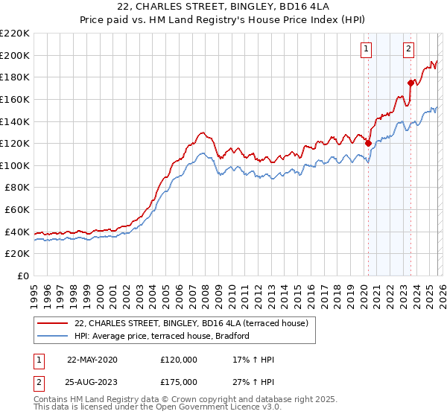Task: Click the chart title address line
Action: coord(223,7)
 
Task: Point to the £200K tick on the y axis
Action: coord(15,55)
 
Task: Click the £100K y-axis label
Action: coord(15,165)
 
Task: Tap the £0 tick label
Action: coord(23,276)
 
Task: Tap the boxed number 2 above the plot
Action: coord(409,50)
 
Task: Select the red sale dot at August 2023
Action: coord(410,83)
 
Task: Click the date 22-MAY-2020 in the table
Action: coord(92,360)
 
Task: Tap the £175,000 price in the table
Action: coord(179,382)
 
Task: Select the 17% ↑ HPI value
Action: coord(254,360)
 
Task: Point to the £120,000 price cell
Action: coord(179,360)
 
